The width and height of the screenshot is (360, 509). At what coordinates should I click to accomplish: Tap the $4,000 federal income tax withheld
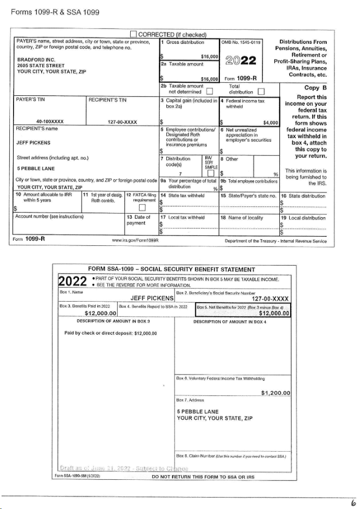click(x=270, y=123)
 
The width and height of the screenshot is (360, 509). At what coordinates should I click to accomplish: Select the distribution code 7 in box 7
click(x=179, y=173)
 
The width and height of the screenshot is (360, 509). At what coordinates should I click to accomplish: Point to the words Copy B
click(x=315, y=88)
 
